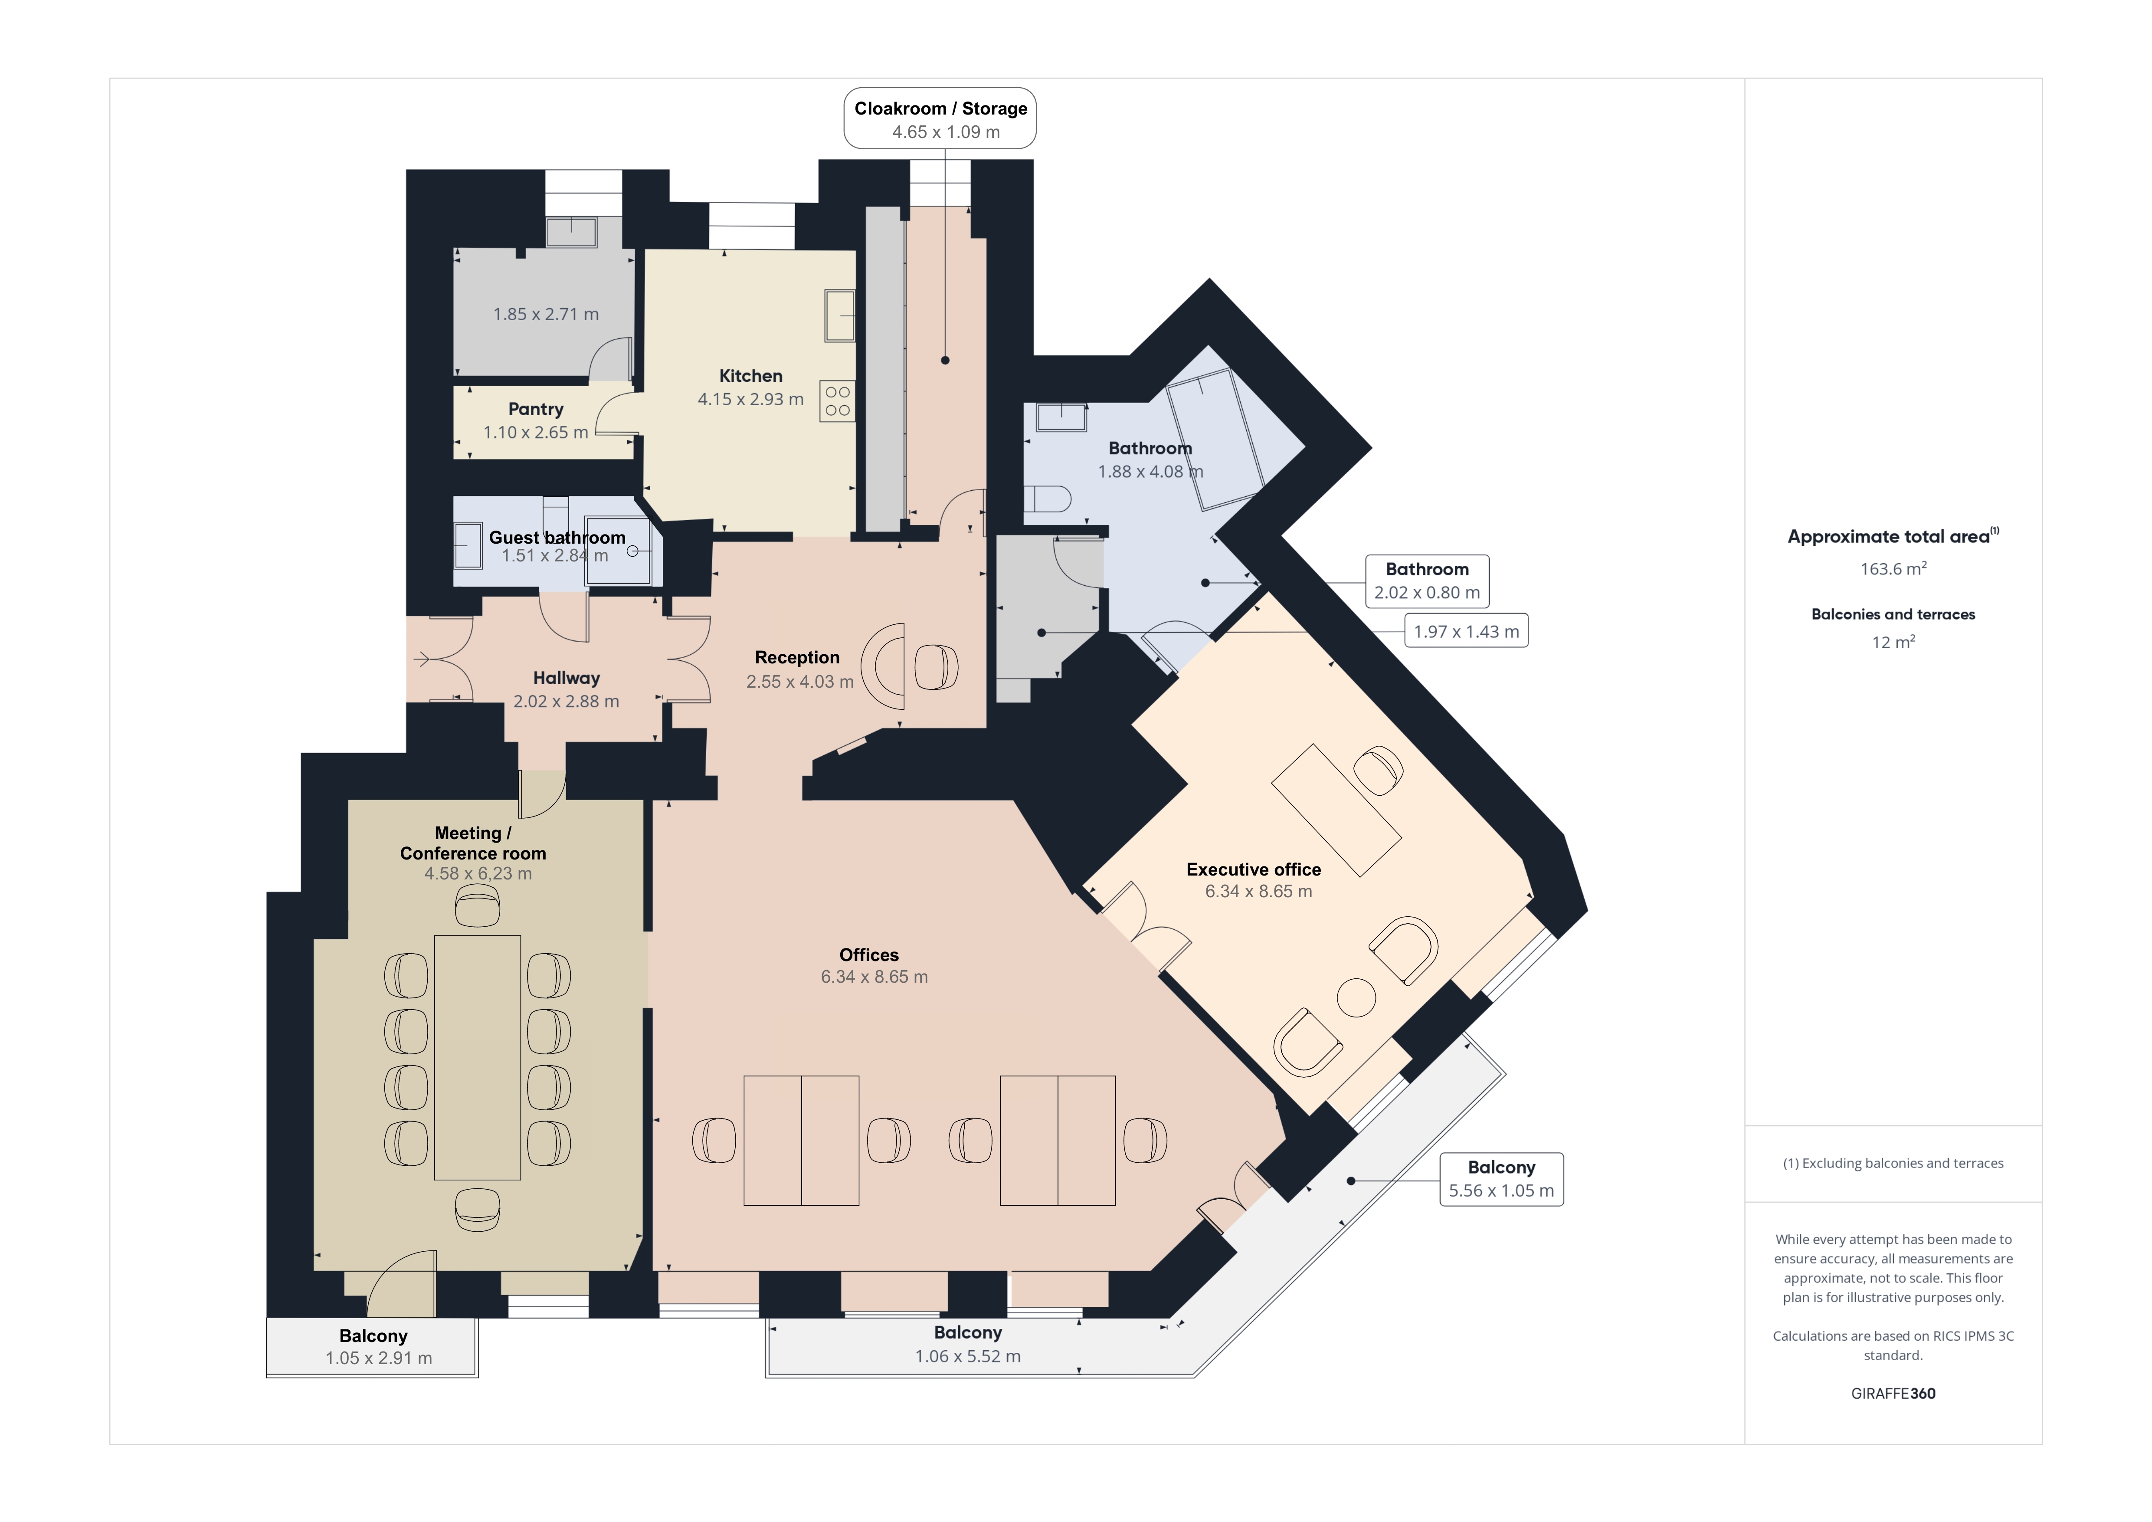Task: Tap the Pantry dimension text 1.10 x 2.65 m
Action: point(535,432)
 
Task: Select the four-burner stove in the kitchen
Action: point(837,401)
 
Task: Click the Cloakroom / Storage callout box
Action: point(940,118)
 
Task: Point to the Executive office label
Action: point(1253,870)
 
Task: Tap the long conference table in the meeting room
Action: point(477,1057)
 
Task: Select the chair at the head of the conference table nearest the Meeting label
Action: point(477,906)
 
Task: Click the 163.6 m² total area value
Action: point(1893,568)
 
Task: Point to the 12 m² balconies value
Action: point(1893,642)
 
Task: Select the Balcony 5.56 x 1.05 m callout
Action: point(1501,1179)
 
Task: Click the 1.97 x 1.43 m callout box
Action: point(1466,631)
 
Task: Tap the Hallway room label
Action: point(566,678)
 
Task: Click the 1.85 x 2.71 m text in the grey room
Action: point(546,314)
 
